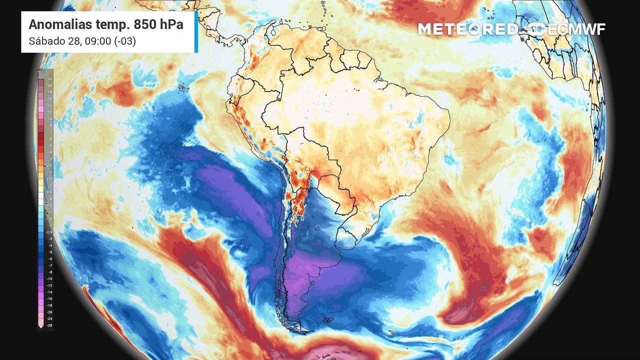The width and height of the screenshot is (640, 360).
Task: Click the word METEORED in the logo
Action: [467, 29]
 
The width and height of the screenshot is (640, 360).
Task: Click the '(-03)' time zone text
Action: [125, 41]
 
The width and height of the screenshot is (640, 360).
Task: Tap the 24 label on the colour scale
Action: [50, 79]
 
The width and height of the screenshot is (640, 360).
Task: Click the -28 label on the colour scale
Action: [49, 325]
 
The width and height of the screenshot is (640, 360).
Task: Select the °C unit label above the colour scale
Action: [39, 72]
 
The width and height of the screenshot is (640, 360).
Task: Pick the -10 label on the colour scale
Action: [49, 278]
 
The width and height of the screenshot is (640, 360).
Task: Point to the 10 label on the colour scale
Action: [50, 118]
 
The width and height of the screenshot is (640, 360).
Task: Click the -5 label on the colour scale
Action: [50, 252]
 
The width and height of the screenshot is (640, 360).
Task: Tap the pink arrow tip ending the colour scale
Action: [40, 326]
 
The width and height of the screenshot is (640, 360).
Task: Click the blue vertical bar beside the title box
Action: [196, 31]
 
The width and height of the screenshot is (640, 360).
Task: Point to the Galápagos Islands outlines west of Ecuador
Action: [184, 88]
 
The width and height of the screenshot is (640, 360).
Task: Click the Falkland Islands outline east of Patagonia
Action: [327, 320]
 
